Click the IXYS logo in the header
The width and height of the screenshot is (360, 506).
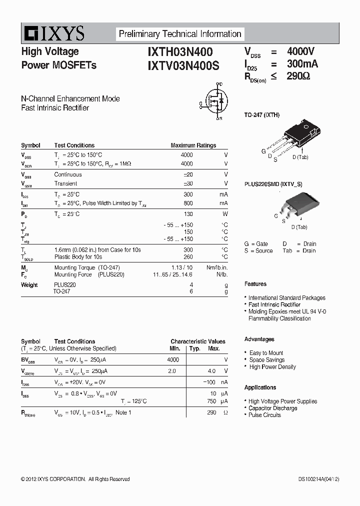click(x=53, y=34)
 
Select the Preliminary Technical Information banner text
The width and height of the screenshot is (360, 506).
click(x=179, y=34)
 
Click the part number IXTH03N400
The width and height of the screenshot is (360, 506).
click(x=180, y=52)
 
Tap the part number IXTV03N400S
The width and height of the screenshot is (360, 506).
click(x=183, y=65)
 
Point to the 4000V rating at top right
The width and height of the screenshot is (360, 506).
click(x=300, y=51)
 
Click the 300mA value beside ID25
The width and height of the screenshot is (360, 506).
click(x=302, y=64)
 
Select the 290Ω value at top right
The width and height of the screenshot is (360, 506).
click(x=298, y=76)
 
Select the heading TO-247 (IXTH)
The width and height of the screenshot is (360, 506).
click(x=261, y=115)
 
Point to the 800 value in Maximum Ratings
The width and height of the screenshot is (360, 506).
click(x=187, y=203)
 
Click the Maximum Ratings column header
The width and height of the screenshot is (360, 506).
click(x=193, y=145)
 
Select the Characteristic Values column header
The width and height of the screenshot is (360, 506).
click(x=197, y=341)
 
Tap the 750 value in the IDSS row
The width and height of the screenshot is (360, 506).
click(x=211, y=401)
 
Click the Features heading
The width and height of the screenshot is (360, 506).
click(x=255, y=284)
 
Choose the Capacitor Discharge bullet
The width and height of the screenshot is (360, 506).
click(x=272, y=408)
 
